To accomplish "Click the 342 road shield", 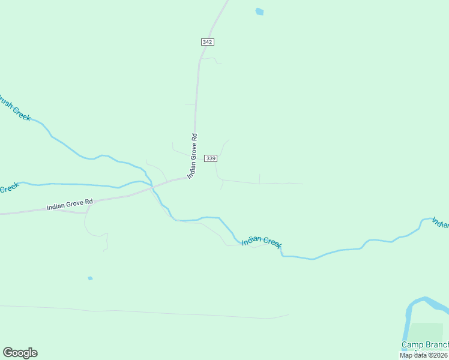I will (x=207, y=41).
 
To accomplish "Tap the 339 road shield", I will (x=210, y=158).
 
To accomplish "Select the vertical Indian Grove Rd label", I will (x=192, y=155).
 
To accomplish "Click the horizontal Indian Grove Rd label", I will (x=70, y=205).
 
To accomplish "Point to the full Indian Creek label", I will (x=262, y=241).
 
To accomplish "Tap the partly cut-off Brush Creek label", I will (x=14, y=109).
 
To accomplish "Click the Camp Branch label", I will (x=425, y=344).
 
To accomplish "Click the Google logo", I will (x=20, y=353).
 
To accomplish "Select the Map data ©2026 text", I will (x=424, y=355).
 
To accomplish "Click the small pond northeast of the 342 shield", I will (x=259, y=11).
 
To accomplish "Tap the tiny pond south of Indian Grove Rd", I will (x=90, y=278).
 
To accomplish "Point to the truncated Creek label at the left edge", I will (x=8, y=188).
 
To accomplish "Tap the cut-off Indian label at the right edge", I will (x=441, y=224).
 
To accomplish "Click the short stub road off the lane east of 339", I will (x=259, y=178).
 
